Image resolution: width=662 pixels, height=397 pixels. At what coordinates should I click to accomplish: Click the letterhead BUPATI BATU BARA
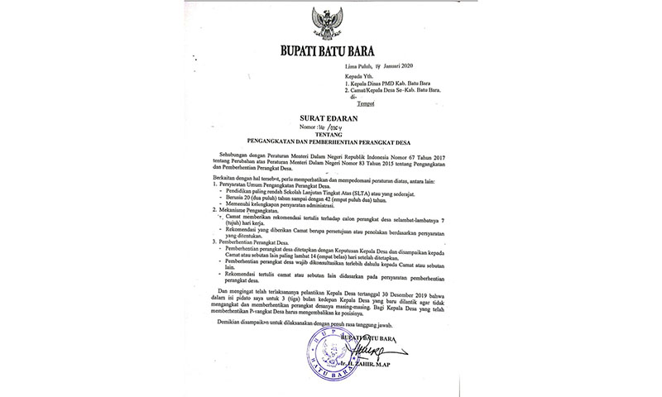pyautogui.click(x=330, y=49)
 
